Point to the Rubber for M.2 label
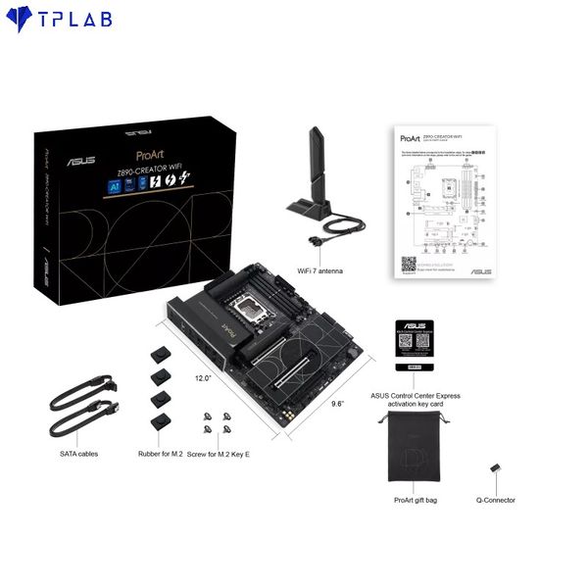pos(159,454)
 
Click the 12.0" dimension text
pos(203,376)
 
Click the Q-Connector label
pos(496,500)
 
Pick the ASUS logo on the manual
pos(479,270)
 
